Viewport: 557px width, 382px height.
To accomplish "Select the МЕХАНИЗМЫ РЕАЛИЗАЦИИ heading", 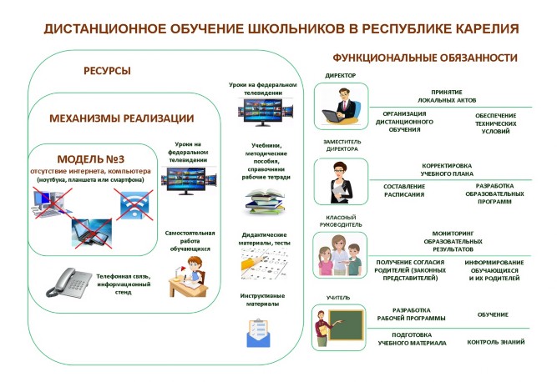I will point(122,118).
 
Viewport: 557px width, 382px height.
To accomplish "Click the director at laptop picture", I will point(342,109).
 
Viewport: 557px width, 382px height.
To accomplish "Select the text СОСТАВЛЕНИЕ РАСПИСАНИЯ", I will point(403,189).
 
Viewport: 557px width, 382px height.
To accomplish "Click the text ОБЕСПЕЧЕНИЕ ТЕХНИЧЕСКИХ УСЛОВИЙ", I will point(496,123).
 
